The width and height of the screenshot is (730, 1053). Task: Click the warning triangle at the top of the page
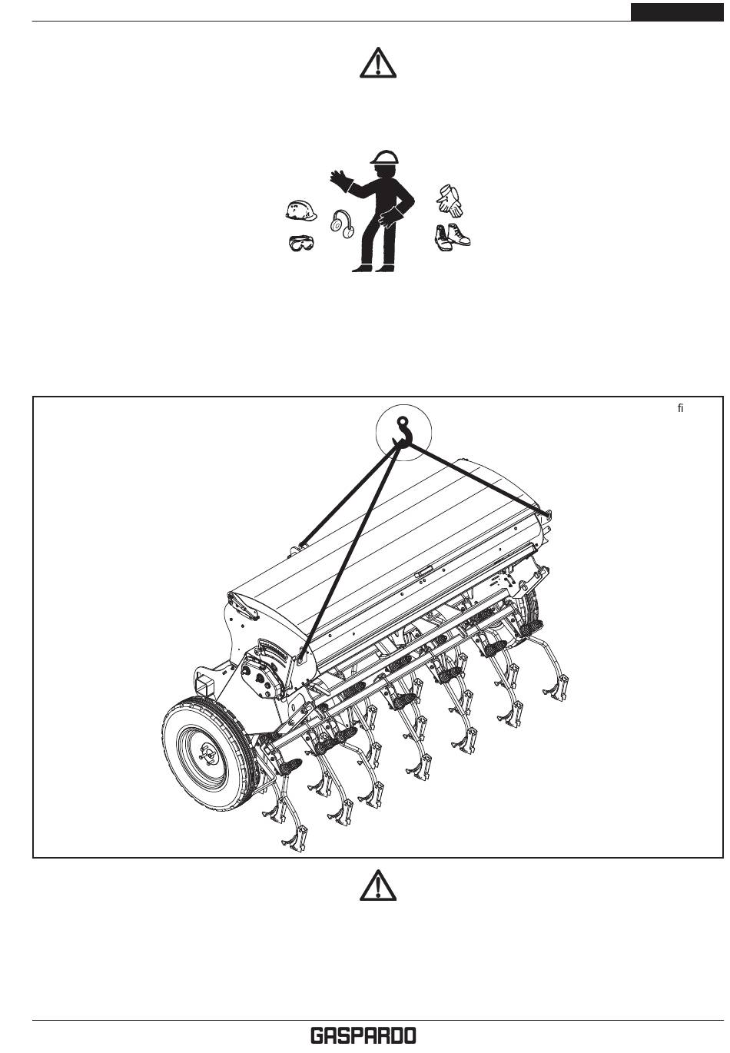point(377,62)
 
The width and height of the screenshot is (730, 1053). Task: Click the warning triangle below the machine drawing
point(377,885)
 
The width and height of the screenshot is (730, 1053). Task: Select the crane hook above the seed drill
point(403,430)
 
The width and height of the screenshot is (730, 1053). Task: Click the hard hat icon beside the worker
point(301,210)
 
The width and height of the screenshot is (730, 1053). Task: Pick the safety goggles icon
point(301,243)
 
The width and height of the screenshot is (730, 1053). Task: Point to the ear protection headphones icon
point(342,224)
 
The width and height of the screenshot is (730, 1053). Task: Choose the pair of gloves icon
point(450,201)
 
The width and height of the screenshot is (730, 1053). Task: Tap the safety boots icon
point(452,237)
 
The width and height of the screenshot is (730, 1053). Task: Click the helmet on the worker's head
point(384,157)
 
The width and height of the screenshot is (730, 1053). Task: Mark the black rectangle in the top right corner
point(676,12)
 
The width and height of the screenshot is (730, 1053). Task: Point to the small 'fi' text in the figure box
point(680,408)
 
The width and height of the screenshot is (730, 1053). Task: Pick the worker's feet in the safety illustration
point(373,268)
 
